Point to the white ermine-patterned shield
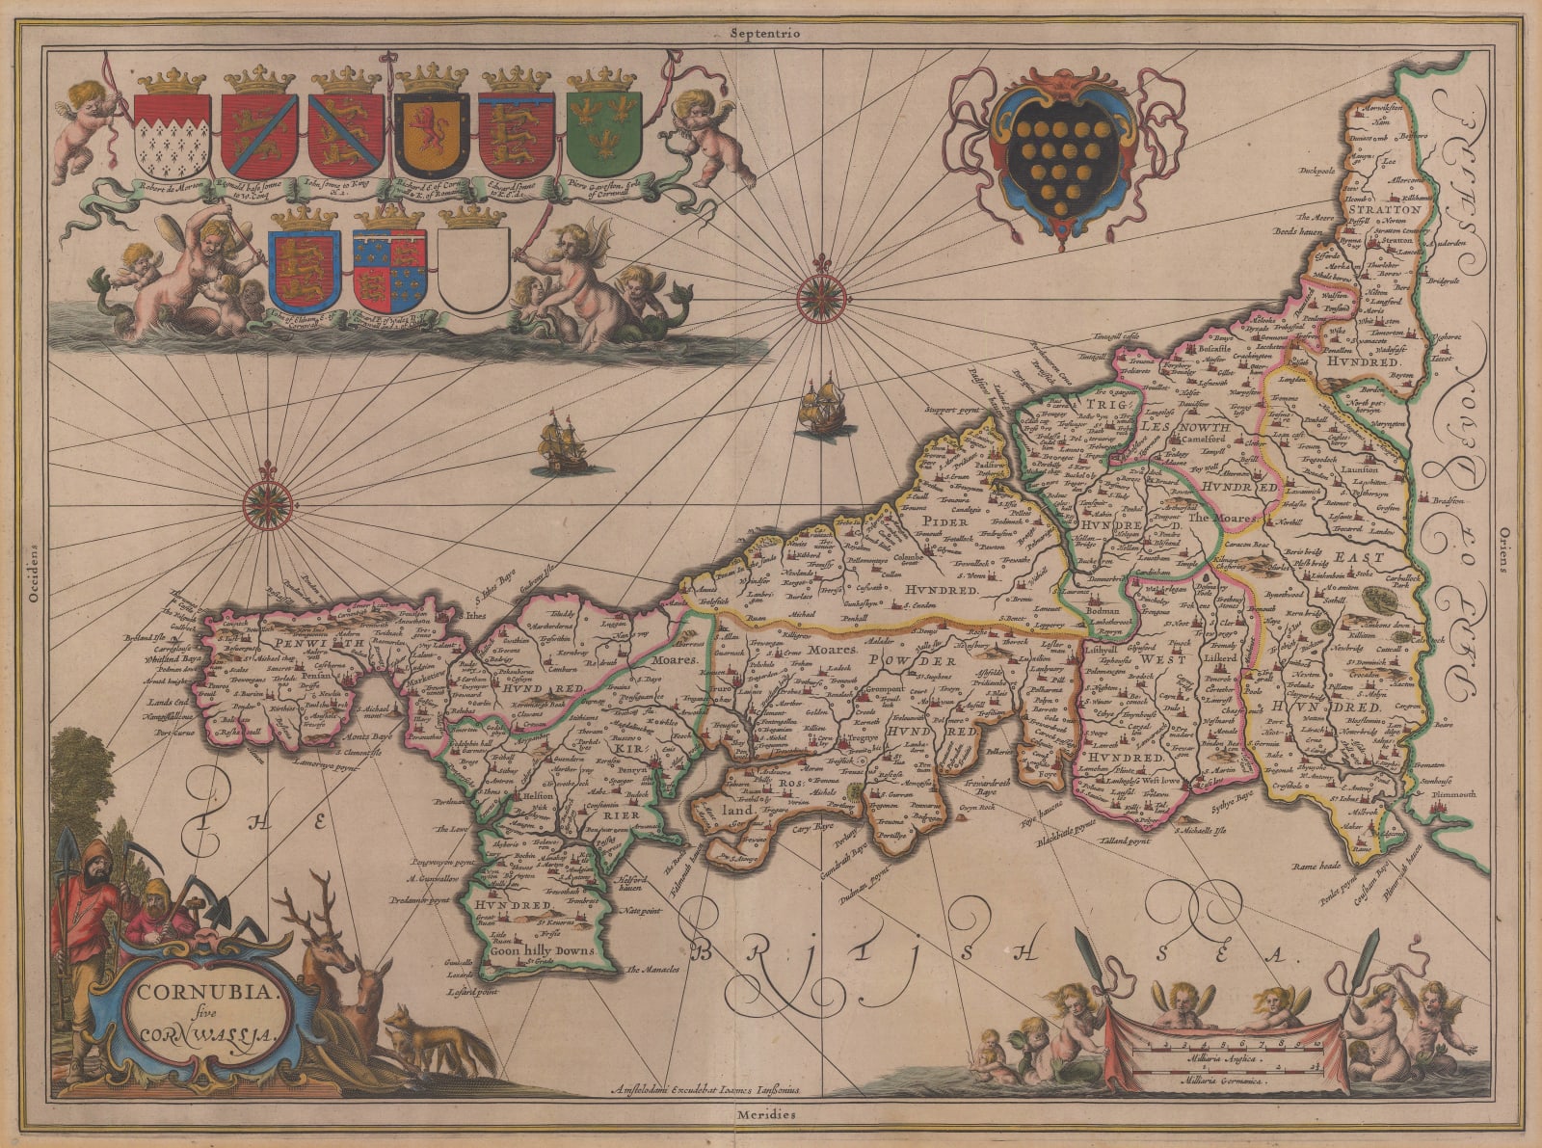click(x=172, y=135)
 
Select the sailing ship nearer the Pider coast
click(x=820, y=406)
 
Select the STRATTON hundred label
click(x=1387, y=208)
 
